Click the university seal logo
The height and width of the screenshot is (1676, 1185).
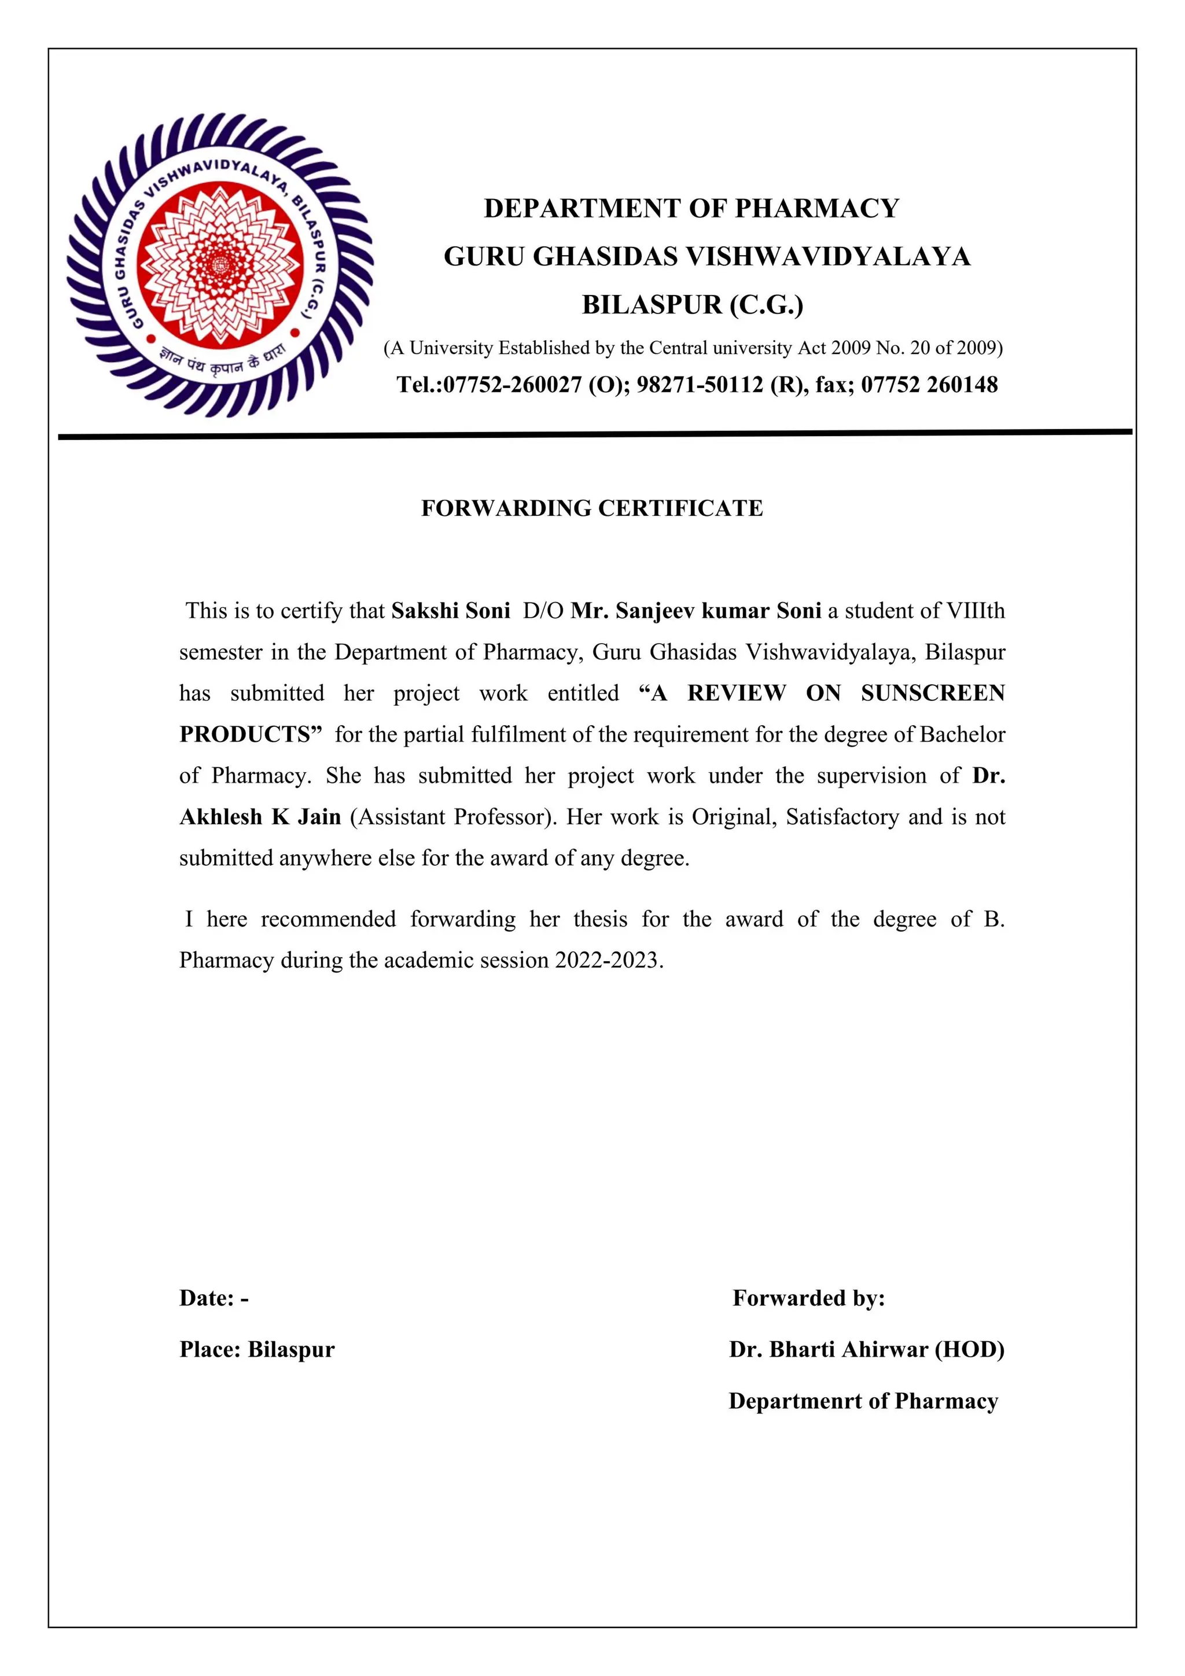point(220,265)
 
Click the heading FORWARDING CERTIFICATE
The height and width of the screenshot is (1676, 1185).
point(591,508)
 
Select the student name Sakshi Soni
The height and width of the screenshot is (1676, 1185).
point(451,610)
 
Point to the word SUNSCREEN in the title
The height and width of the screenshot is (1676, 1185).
point(932,693)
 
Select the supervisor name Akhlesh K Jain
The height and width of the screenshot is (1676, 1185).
point(260,817)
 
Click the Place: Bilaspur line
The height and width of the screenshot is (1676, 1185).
point(257,1349)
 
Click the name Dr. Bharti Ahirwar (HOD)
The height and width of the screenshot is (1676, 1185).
point(867,1349)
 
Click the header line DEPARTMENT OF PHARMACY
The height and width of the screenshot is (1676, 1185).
point(691,209)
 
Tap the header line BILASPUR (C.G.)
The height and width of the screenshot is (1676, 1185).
point(692,304)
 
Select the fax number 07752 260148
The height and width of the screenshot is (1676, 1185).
point(929,385)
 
